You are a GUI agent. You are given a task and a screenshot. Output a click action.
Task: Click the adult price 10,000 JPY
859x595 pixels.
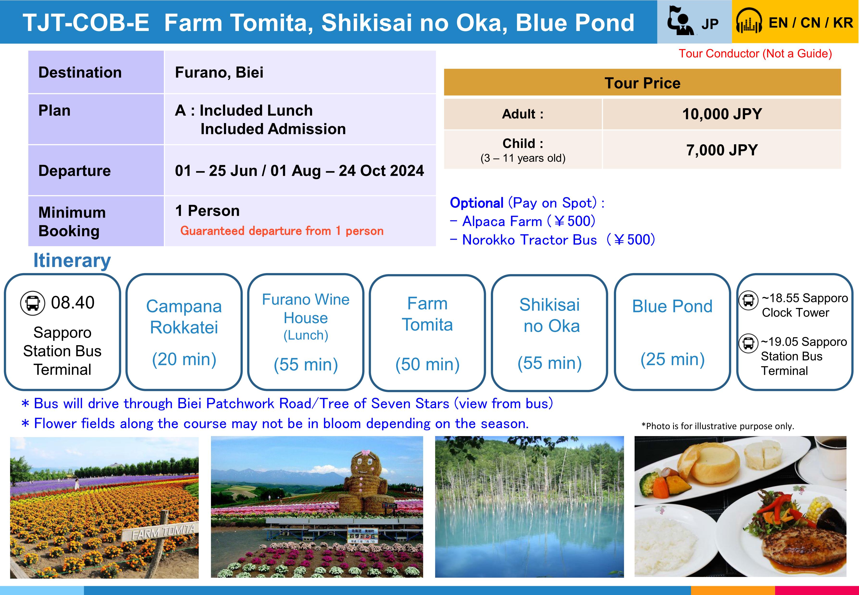tap(722, 114)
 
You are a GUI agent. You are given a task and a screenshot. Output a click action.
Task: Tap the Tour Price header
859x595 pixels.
tap(642, 83)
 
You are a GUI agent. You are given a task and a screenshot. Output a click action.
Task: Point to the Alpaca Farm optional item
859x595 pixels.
tap(523, 221)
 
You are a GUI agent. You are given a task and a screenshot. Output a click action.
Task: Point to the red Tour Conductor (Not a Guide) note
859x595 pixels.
tap(755, 54)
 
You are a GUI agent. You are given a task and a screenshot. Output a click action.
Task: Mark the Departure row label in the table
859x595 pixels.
tap(74, 171)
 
